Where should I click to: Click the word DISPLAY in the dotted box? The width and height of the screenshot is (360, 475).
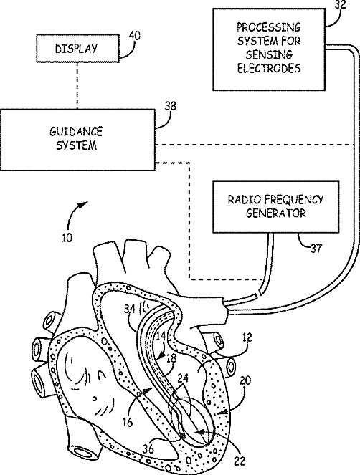76,49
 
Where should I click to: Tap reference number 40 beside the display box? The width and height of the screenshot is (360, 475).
135,36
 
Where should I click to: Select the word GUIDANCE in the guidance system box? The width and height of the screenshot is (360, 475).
76,132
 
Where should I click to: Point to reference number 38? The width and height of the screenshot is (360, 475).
170,106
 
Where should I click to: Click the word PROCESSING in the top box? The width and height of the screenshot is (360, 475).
269,27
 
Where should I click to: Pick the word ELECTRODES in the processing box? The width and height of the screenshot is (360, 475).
269,68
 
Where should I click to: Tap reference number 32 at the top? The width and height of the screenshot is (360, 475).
340,5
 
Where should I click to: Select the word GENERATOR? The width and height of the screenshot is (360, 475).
275,213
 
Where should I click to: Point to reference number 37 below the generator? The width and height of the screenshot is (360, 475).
316,249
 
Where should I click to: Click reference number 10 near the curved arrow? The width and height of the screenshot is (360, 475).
67,238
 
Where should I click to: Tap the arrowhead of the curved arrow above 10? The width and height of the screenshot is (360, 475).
84,205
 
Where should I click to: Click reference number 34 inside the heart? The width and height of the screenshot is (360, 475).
130,309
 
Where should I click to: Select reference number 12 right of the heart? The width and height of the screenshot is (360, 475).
247,337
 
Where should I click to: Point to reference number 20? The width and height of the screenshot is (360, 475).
245,380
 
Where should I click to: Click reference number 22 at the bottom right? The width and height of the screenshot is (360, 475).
239,461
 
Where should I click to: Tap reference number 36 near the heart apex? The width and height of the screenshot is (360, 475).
148,448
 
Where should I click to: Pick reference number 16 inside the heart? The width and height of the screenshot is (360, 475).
128,422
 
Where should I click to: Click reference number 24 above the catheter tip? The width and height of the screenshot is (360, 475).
183,378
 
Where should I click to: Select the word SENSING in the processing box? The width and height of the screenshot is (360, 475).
269,54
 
